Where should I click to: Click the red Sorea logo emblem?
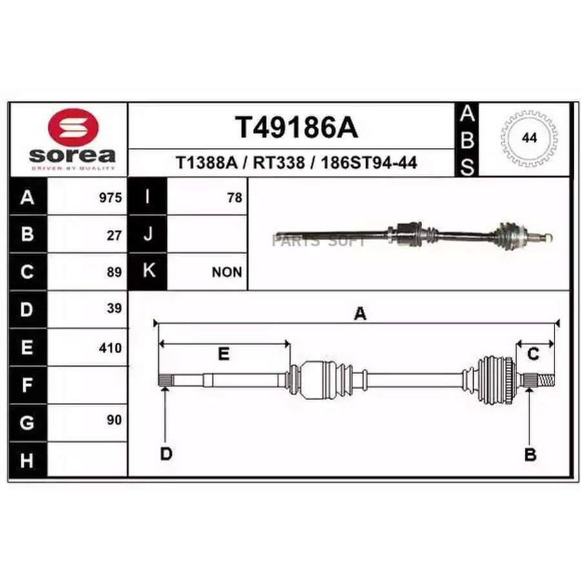[x=74, y=127]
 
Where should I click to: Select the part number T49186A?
[x=296, y=127]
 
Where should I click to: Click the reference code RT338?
[x=279, y=163]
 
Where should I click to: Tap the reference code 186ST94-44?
[x=369, y=163]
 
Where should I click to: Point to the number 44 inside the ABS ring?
[x=529, y=138]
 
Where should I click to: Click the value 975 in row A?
[x=110, y=198]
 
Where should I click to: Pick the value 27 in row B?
[x=114, y=236]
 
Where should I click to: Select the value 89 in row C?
[x=114, y=272]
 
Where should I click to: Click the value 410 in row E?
[x=110, y=348]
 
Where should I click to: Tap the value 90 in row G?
[x=114, y=420]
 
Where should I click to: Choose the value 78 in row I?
[x=234, y=198]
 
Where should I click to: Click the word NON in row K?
[x=227, y=272]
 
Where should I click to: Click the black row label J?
[x=147, y=234]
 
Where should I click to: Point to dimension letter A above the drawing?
[x=360, y=314]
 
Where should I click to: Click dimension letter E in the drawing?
[x=223, y=354]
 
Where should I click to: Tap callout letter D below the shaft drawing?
[x=166, y=454]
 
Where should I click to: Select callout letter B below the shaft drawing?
[x=530, y=454]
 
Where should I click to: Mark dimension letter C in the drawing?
[x=533, y=354]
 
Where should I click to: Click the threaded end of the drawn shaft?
[x=545, y=380]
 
